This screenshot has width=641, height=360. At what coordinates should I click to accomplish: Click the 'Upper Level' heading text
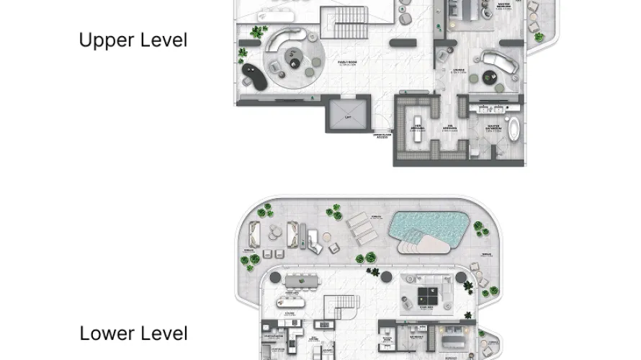[133, 40]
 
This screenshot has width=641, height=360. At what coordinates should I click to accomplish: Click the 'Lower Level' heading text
[133, 333]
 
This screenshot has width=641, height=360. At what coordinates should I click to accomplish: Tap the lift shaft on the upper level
[347, 117]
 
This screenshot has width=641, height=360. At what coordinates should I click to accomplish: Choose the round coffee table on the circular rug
[294, 61]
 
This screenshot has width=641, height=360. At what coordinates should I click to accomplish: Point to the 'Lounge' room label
[457, 71]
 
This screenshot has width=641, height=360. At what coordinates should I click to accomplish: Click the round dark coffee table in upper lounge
[493, 75]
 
